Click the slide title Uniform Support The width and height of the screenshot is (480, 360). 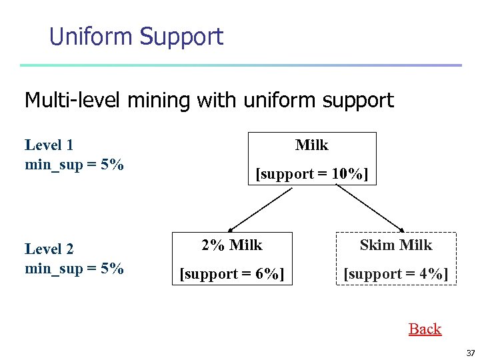(x=136, y=36)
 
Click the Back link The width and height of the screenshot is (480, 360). (x=425, y=329)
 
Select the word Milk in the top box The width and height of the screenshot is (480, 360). (x=312, y=145)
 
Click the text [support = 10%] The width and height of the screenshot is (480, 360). (x=312, y=174)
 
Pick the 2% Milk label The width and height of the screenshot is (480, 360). (x=232, y=245)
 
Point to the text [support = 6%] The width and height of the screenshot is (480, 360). (x=232, y=274)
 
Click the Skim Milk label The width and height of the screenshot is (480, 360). (x=396, y=245)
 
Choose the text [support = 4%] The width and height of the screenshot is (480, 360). (x=396, y=274)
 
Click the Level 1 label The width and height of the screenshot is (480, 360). (x=49, y=145)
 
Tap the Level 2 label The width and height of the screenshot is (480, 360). (x=49, y=249)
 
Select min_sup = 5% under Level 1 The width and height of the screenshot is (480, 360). (x=74, y=165)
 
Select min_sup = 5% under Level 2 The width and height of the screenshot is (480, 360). (x=74, y=269)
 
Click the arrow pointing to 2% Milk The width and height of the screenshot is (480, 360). (x=257, y=209)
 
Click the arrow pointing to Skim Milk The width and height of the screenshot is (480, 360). (x=370, y=209)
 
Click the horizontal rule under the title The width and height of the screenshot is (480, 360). (x=240, y=65)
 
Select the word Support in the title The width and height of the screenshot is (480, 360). (x=181, y=37)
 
